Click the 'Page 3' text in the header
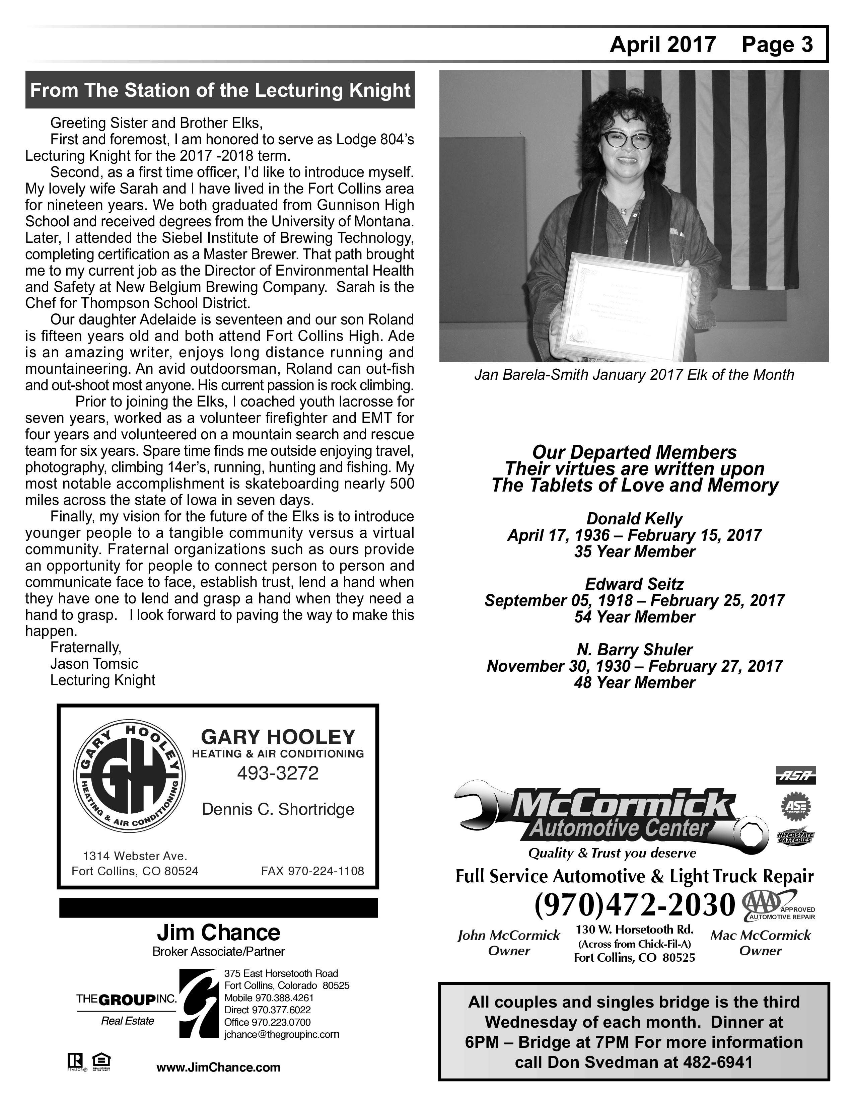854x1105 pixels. tap(777, 45)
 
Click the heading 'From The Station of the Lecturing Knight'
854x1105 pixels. tap(220, 90)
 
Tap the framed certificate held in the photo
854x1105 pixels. tap(630, 308)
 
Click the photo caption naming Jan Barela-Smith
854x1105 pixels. tap(633, 375)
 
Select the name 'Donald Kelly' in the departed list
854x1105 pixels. tap(634, 519)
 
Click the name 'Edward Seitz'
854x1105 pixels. tap(634, 584)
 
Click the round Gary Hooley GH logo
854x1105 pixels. tap(130, 780)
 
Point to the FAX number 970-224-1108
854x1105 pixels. tap(312, 871)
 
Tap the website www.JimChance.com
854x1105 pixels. tap(219, 1067)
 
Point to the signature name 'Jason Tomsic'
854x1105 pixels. tap(94, 664)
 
